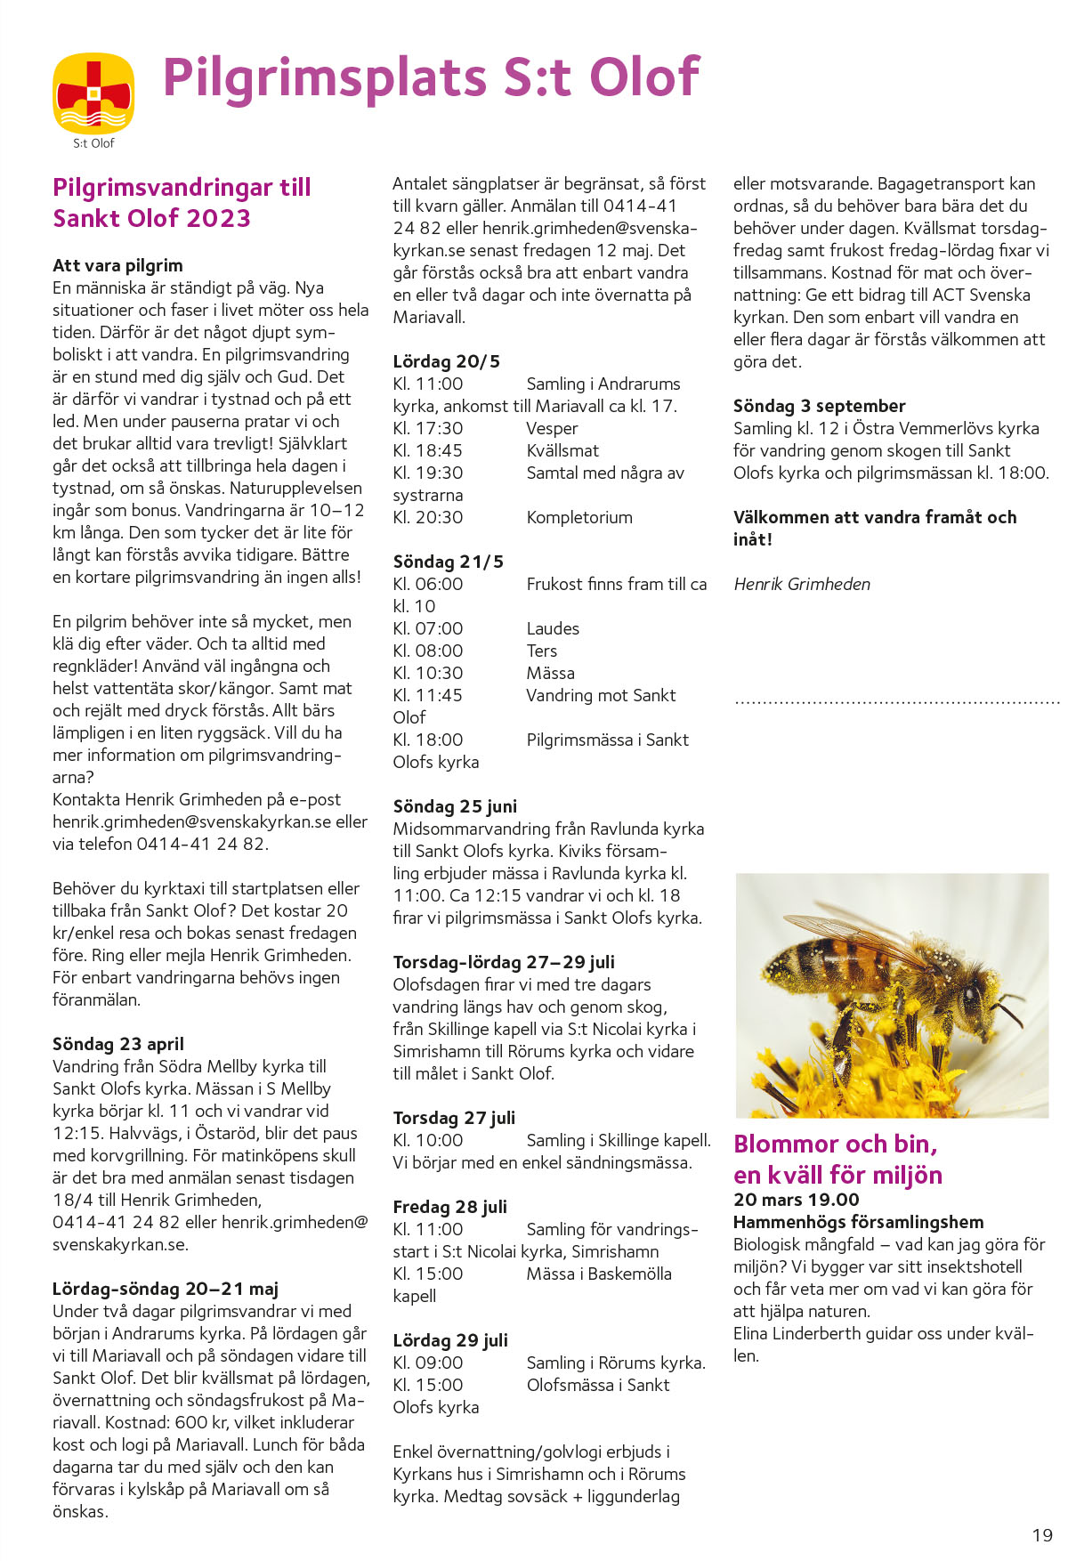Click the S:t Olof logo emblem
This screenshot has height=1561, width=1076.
coord(93,93)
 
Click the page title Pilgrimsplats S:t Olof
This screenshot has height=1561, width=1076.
coord(431,77)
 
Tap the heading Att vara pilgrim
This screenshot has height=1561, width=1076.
coord(117,265)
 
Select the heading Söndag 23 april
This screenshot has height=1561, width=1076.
coord(118,1044)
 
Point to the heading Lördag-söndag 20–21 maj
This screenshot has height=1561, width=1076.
coord(166,1289)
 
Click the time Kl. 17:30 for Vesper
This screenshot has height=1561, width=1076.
coord(428,428)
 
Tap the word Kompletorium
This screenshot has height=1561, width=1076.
coord(579,517)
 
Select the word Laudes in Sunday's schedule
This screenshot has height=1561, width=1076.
coord(553,628)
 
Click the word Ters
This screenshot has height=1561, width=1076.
coord(541,651)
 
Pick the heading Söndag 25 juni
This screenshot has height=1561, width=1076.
coord(455,806)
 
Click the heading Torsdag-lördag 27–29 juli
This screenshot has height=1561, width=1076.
coord(504,962)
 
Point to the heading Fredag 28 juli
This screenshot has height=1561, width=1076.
coord(449,1207)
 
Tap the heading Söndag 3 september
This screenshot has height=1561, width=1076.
coord(819,406)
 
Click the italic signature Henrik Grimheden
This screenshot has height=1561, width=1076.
coord(802,584)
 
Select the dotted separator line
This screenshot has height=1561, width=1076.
coord(897,703)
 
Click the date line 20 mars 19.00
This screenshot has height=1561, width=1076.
coord(796,1200)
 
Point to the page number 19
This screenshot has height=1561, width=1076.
coord(1042,1535)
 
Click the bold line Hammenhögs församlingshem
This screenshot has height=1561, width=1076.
coord(858,1222)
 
